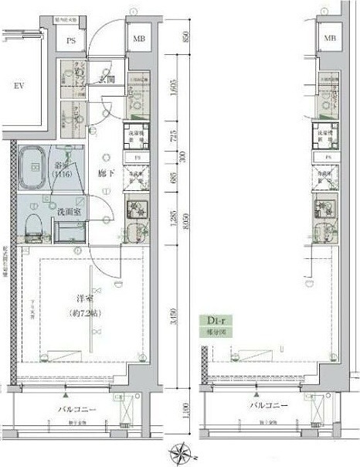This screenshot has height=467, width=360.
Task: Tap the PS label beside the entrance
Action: [71, 42]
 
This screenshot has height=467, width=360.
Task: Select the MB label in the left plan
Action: [139, 39]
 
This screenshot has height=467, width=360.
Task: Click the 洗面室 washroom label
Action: [69, 210]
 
